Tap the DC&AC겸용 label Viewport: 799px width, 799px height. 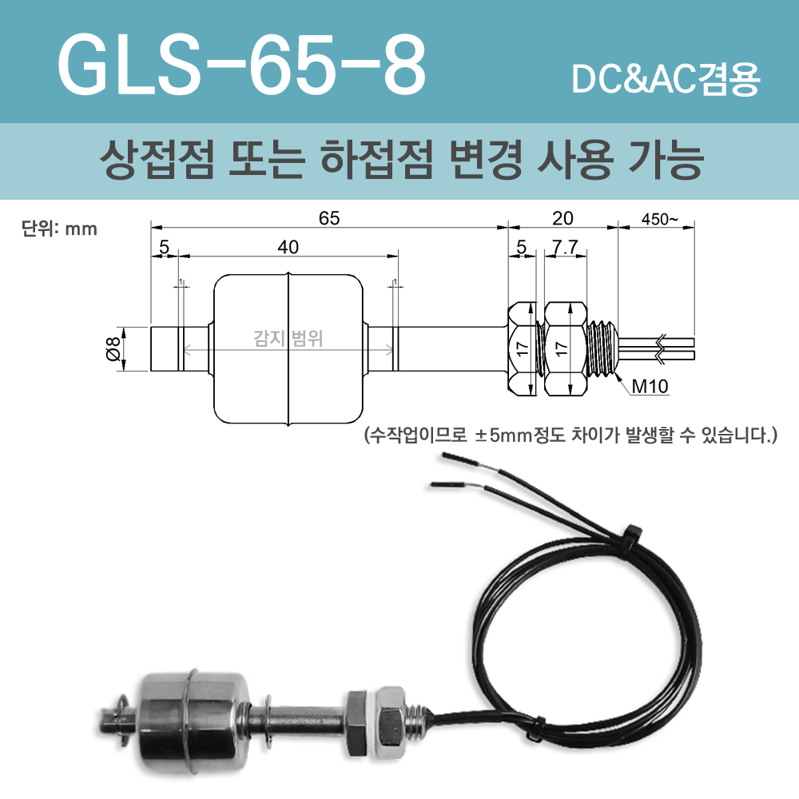[666, 80]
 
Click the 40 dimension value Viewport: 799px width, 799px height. [288, 247]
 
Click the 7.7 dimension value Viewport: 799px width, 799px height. [565, 248]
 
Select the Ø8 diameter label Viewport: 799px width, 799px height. [113, 349]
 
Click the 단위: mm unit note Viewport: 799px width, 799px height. [58, 229]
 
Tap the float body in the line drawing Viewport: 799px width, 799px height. [288, 349]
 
